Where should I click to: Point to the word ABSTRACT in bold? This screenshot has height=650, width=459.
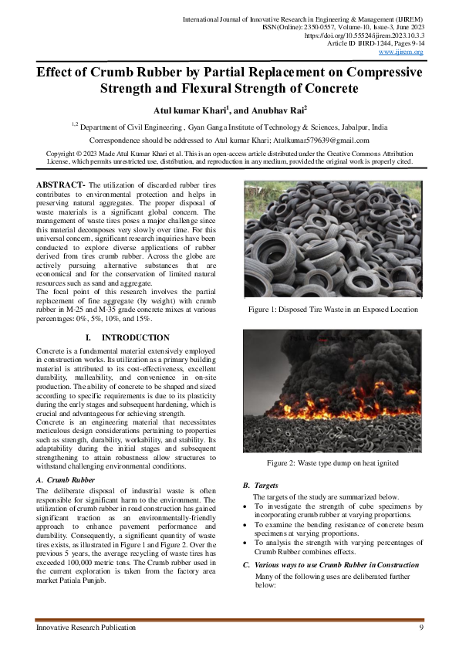pos(60,185)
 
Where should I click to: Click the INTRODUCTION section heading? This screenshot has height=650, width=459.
pos(135,338)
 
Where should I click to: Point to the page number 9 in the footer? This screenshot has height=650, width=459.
pos(421,628)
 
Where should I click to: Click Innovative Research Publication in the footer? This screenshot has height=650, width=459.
pos(86,628)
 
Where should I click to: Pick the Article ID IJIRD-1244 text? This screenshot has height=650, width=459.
pos(363,44)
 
